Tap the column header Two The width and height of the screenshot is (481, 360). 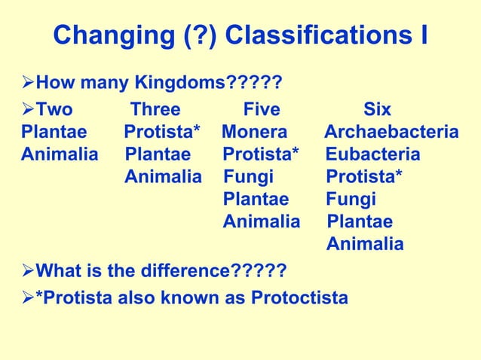click(55, 110)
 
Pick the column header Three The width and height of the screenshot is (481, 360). click(155, 110)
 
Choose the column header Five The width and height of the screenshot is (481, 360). click(262, 110)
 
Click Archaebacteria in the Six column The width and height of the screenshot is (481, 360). click(391, 133)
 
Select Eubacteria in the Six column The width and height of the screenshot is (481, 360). click(373, 155)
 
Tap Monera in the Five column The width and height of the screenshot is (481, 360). click(255, 133)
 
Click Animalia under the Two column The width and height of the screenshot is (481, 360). click(60, 155)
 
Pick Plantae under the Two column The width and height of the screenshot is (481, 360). click(54, 133)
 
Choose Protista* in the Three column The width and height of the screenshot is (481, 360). click(162, 133)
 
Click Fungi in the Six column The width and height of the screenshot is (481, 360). click(351, 200)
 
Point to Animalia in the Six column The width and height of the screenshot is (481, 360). click(365, 245)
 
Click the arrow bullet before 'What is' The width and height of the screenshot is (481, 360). click(29, 270)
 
